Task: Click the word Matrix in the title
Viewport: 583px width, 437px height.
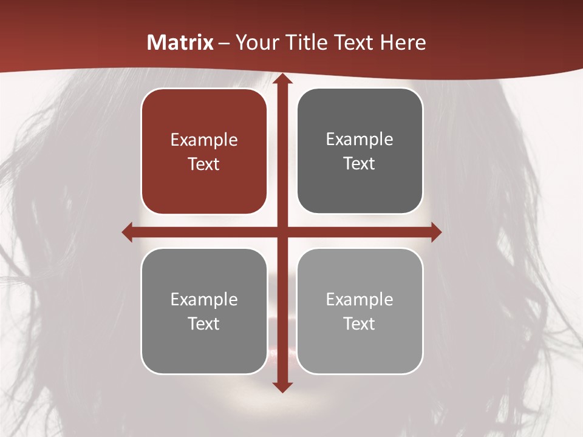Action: (x=180, y=42)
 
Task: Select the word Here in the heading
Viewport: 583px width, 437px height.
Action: (x=403, y=42)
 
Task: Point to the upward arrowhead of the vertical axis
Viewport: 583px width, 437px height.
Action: (x=282, y=80)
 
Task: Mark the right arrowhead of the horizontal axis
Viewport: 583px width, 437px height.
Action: (x=436, y=232)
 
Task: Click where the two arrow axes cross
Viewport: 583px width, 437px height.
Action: (x=282, y=232)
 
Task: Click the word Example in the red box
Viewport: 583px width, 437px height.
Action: (x=204, y=140)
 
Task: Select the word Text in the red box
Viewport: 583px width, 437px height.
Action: (x=204, y=164)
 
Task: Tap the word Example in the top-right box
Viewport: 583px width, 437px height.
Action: (x=360, y=140)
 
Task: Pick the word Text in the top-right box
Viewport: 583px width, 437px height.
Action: (x=360, y=163)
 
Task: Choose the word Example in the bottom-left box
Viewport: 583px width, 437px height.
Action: (x=204, y=300)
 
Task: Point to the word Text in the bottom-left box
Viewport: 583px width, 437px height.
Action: (x=204, y=324)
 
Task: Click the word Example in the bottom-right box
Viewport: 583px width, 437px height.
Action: (x=360, y=300)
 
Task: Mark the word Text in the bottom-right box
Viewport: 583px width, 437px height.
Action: (x=360, y=324)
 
